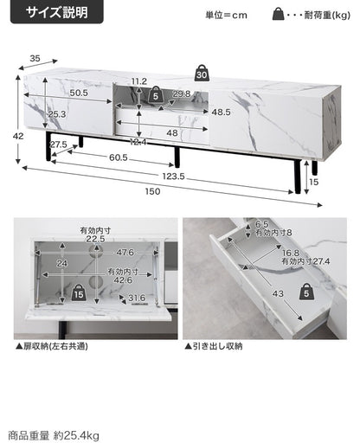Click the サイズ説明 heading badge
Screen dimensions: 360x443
57,12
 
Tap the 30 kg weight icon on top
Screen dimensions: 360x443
202,73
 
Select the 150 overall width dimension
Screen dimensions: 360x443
152,191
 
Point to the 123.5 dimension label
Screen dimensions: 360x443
173,176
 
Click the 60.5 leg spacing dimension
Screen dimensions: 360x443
119,157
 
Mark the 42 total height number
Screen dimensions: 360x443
18,136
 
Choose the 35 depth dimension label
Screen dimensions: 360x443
35,59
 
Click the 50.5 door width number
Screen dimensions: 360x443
79,93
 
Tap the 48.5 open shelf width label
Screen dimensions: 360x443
221,112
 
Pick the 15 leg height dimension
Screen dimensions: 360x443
313,182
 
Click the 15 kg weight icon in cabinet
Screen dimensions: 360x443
79,293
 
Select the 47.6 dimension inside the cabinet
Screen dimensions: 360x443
125,253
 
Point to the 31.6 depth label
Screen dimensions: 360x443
137,298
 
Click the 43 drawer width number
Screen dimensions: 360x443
278,293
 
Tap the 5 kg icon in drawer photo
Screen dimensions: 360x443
306,292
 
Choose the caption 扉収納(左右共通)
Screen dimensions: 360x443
52,346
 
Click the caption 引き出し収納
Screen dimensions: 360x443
214,346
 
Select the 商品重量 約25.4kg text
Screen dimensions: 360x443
54,435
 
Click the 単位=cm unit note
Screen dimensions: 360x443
226,15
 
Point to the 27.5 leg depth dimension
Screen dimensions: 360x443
59,144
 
